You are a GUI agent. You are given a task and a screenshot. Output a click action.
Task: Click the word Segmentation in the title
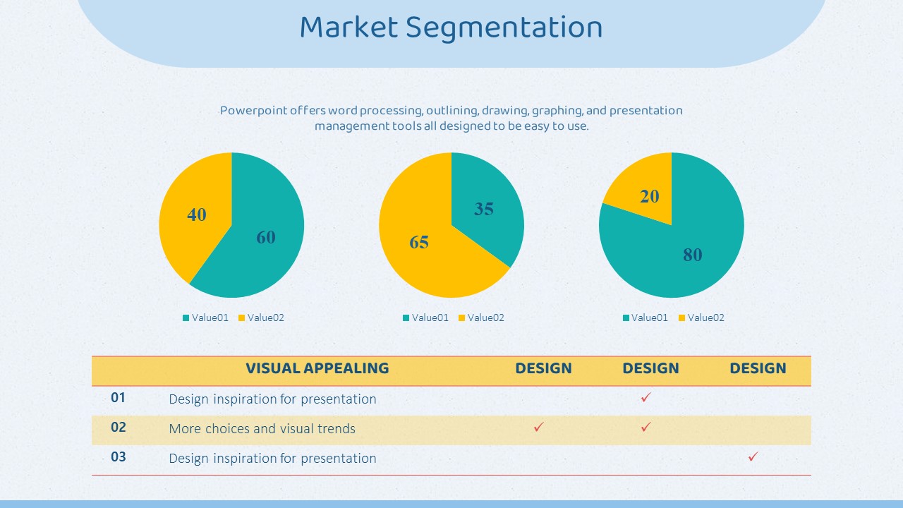coord(504,28)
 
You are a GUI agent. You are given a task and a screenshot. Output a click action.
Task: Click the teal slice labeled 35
coord(484,205)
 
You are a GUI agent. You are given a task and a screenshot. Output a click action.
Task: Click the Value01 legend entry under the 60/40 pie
coord(205,317)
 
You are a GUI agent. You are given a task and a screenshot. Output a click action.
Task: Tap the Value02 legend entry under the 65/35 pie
coord(481,317)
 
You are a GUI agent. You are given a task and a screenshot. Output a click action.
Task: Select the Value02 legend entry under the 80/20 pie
coord(701,317)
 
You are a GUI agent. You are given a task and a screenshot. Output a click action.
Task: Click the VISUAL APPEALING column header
coord(317,368)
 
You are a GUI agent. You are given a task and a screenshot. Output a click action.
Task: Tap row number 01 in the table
coord(118,398)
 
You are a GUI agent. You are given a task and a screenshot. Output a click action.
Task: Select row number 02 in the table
coord(118,428)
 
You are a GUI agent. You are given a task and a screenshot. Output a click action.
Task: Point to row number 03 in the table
coord(118,456)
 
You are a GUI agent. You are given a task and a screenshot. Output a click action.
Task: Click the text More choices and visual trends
coord(262,428)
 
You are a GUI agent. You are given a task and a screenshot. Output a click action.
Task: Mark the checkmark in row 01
coord(646,397)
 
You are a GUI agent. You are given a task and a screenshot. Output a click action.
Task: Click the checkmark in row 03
coord(753,456)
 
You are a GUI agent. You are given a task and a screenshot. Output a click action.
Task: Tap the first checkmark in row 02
coord(538,427)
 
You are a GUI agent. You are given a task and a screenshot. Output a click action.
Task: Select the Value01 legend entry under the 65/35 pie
coord(425,317)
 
